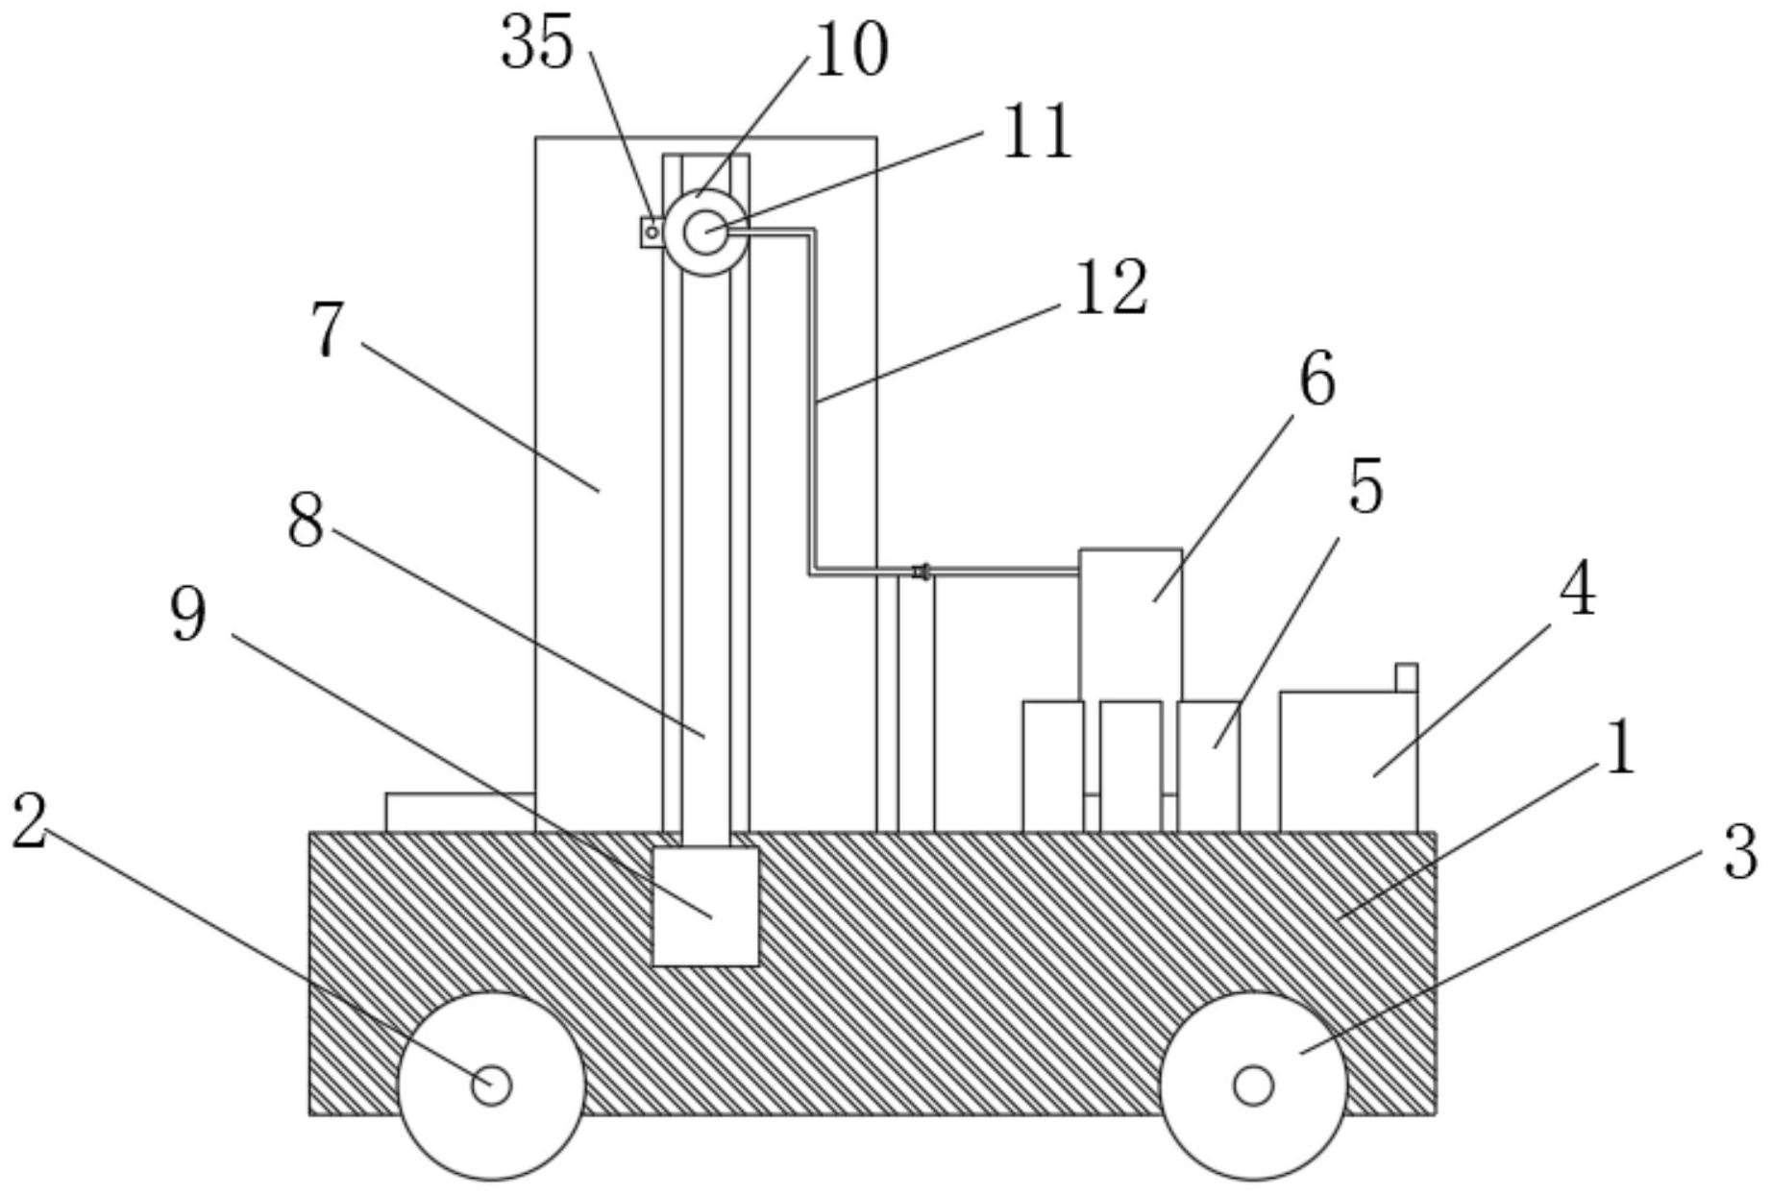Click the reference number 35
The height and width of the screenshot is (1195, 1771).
pyautogui.click(x=538, y=43)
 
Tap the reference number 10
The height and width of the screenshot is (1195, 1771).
pyautogui.click(x=851, y=49)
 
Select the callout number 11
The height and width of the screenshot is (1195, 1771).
pyautogui.click(x=1037, y=131)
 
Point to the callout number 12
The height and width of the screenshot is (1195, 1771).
pyautogui.click(x=1111, y=287)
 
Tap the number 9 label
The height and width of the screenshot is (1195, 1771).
pyautogui.click(x=188, y=615)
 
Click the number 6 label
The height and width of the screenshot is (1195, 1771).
pyautogui.click(x=1317, y=378)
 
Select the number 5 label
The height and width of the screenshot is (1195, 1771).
pyautogui.click(x=1365, y=486)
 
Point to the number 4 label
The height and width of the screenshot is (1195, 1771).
pyautogui.click(x=1577, y=590)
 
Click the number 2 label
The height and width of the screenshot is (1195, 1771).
pyautogui.click(x=30, y=822)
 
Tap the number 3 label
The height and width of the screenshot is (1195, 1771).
pyautogui.click(x=1740, y=852)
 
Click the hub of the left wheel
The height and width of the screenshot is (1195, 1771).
pyautogui.click(x=491, y=1085)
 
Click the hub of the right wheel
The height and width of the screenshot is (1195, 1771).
pyautogui.click(x=1253, y=1085)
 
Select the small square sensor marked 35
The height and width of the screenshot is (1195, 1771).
pyautogui.click(x=652, y=232)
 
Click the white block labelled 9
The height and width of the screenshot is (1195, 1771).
pyautogui.click(x=705, y=906)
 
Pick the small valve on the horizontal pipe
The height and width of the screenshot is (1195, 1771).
pyautogui.click(x=921, y=573)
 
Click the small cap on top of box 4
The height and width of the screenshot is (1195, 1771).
pyautogui.click(x=1406, y=677)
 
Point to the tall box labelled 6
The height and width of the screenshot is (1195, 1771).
pyautogui.click(x=1131, y=624)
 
